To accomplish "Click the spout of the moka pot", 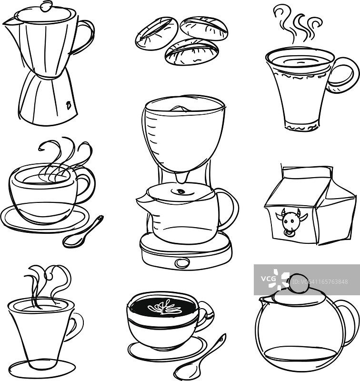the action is (x=10, y=22).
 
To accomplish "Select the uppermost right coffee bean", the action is (x=204, y=28).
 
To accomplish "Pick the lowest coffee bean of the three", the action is (x=192, y=51).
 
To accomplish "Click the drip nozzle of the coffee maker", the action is (x=182, y=177).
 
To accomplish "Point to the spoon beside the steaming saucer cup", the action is (x=82, y=232).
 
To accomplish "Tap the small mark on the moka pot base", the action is (x=69, y=105).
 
